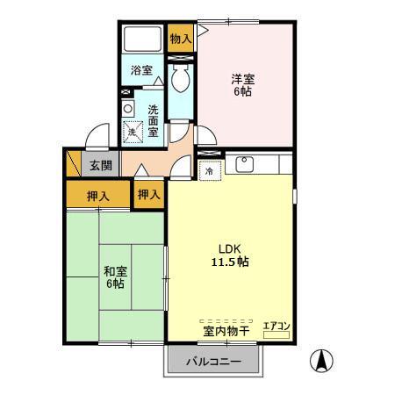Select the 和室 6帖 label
click(113, 276)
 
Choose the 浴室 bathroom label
click(142, 69)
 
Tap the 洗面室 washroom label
click(153, 120)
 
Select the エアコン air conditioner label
click(276, 327)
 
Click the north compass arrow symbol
click(323, 360)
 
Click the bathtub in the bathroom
click(141, 40)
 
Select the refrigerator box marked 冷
click(210, 172)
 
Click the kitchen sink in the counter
click(245, 164)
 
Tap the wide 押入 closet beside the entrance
click(98, 195)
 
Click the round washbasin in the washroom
click(128, 108)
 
